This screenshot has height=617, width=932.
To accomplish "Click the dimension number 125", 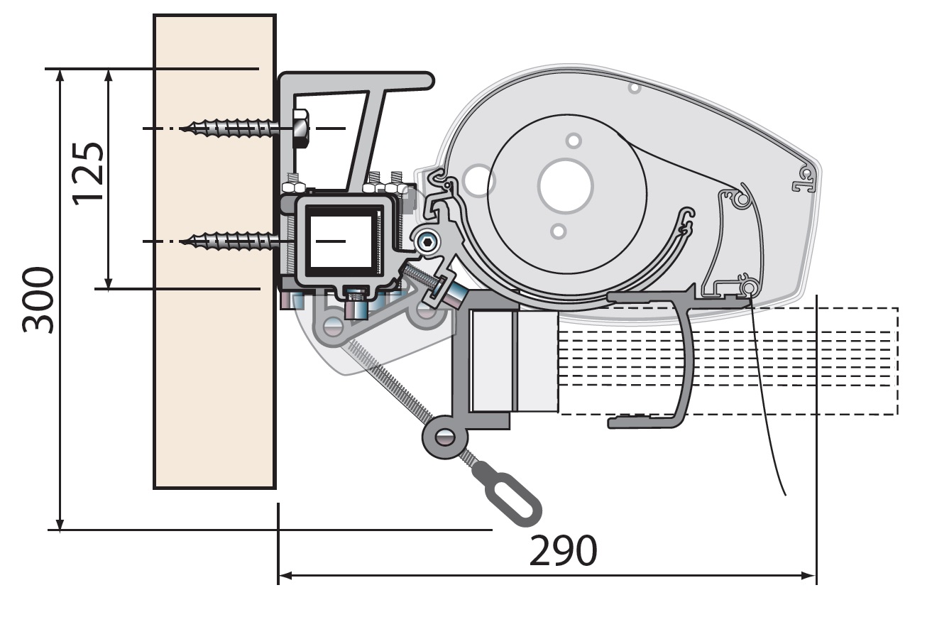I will (89, 173).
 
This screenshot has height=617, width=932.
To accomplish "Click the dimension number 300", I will (38, 300).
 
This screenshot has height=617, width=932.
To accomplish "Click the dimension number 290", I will (563, 551).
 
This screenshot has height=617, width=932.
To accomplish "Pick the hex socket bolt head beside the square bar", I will (427, 243).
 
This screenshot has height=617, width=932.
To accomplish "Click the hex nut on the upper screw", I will (300, 128).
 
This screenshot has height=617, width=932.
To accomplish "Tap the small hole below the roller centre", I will (559, 231).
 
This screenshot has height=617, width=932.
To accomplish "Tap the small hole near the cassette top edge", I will (635, 88).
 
